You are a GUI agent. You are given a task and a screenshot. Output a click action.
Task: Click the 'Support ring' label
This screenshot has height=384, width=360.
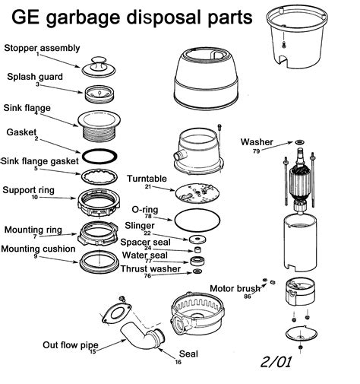[28, 189]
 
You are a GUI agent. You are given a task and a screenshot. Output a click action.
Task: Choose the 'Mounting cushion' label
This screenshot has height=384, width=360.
[38, 249]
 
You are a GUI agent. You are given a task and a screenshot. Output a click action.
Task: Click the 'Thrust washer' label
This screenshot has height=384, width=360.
[150, 268]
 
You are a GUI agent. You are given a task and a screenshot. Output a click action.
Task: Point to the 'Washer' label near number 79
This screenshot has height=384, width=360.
[256, 142]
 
